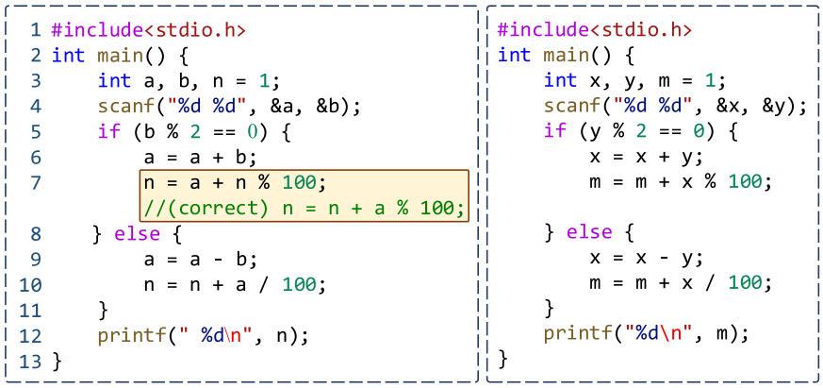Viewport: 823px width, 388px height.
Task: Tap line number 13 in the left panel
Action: point(30,360)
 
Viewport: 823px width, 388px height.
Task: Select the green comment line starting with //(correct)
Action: point(304,207)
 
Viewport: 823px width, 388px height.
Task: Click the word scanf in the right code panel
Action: point(567,106)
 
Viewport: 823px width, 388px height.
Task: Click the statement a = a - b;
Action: point(200,258)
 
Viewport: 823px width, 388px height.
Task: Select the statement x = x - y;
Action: point(646,258)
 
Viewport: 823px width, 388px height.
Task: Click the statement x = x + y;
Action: point(646,156)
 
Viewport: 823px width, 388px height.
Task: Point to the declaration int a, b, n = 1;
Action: point(189,80)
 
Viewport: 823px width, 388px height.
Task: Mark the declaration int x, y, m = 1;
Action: point(634,80)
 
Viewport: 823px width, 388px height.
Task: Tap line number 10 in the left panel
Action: point(30,283)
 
